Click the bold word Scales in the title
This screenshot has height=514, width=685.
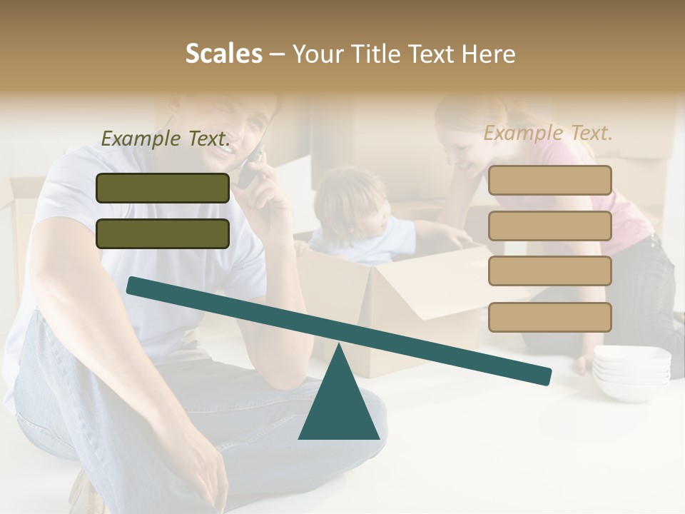pos(223,54)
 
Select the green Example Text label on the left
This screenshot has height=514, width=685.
pos(166,138)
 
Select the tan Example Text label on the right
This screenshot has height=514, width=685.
pos(548,133)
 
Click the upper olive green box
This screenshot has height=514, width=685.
pos(163,188)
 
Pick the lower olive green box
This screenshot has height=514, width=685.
pos(163,233)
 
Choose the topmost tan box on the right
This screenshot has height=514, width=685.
pos(549,180)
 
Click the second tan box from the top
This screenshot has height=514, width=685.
pos(549,226)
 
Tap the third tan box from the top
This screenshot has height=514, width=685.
pos(549,271)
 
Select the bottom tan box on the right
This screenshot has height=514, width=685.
pos(549,317)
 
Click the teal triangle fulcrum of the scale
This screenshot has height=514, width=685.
pos(338,400)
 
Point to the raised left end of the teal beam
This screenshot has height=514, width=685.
pos(136,286)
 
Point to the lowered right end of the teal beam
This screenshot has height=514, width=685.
pos(542,376)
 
